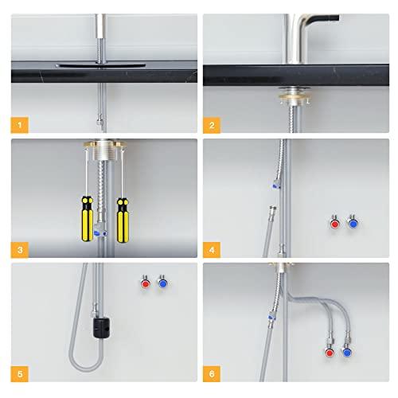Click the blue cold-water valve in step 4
click(352, 224)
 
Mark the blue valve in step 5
click(163, 283)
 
